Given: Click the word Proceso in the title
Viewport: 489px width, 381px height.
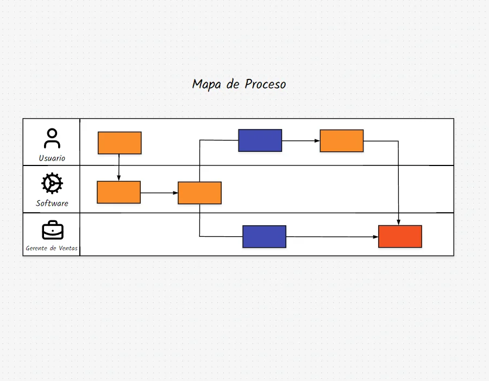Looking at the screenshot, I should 265,84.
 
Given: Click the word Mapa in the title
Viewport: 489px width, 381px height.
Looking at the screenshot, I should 205,84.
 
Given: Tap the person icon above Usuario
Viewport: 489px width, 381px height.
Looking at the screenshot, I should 52,138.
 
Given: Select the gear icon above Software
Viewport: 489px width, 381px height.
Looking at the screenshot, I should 52,183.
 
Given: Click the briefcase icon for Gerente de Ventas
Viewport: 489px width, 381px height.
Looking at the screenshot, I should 53,230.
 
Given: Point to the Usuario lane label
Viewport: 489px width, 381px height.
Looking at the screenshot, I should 52,158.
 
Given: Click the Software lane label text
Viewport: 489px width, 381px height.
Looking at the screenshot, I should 52,204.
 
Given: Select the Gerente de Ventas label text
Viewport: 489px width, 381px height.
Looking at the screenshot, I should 52,248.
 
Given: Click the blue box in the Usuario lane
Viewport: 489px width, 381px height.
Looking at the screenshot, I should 260,140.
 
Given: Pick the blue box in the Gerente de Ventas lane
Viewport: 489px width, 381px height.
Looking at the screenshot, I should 264,237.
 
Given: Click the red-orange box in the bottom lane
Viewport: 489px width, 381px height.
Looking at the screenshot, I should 400,236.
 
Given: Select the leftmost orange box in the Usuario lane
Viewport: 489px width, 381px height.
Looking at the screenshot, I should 120,143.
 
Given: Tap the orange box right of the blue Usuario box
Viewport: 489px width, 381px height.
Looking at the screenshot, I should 341,140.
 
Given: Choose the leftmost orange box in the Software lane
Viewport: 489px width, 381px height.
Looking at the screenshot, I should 118,192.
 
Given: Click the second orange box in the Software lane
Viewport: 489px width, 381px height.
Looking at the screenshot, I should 199,193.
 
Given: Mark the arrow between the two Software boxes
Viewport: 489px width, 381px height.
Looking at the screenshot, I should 159,193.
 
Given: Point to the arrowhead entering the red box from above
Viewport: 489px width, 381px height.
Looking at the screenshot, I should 399,222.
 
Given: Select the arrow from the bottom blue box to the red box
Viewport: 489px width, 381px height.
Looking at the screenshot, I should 331,237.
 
